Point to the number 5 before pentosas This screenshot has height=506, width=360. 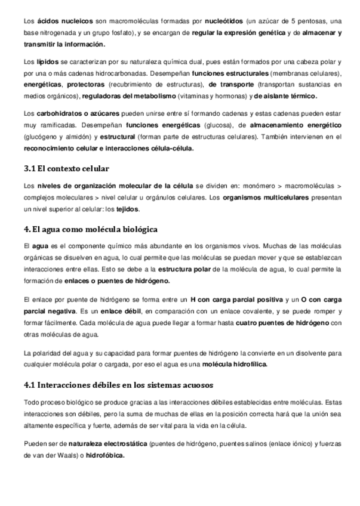point(285,21)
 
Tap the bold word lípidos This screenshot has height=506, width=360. point(47,62)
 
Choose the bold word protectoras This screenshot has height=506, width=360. point(85,85)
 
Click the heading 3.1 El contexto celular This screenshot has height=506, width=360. point(66,169)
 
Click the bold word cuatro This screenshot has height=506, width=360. point(248,322)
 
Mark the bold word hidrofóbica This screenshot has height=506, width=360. point(106,455)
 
